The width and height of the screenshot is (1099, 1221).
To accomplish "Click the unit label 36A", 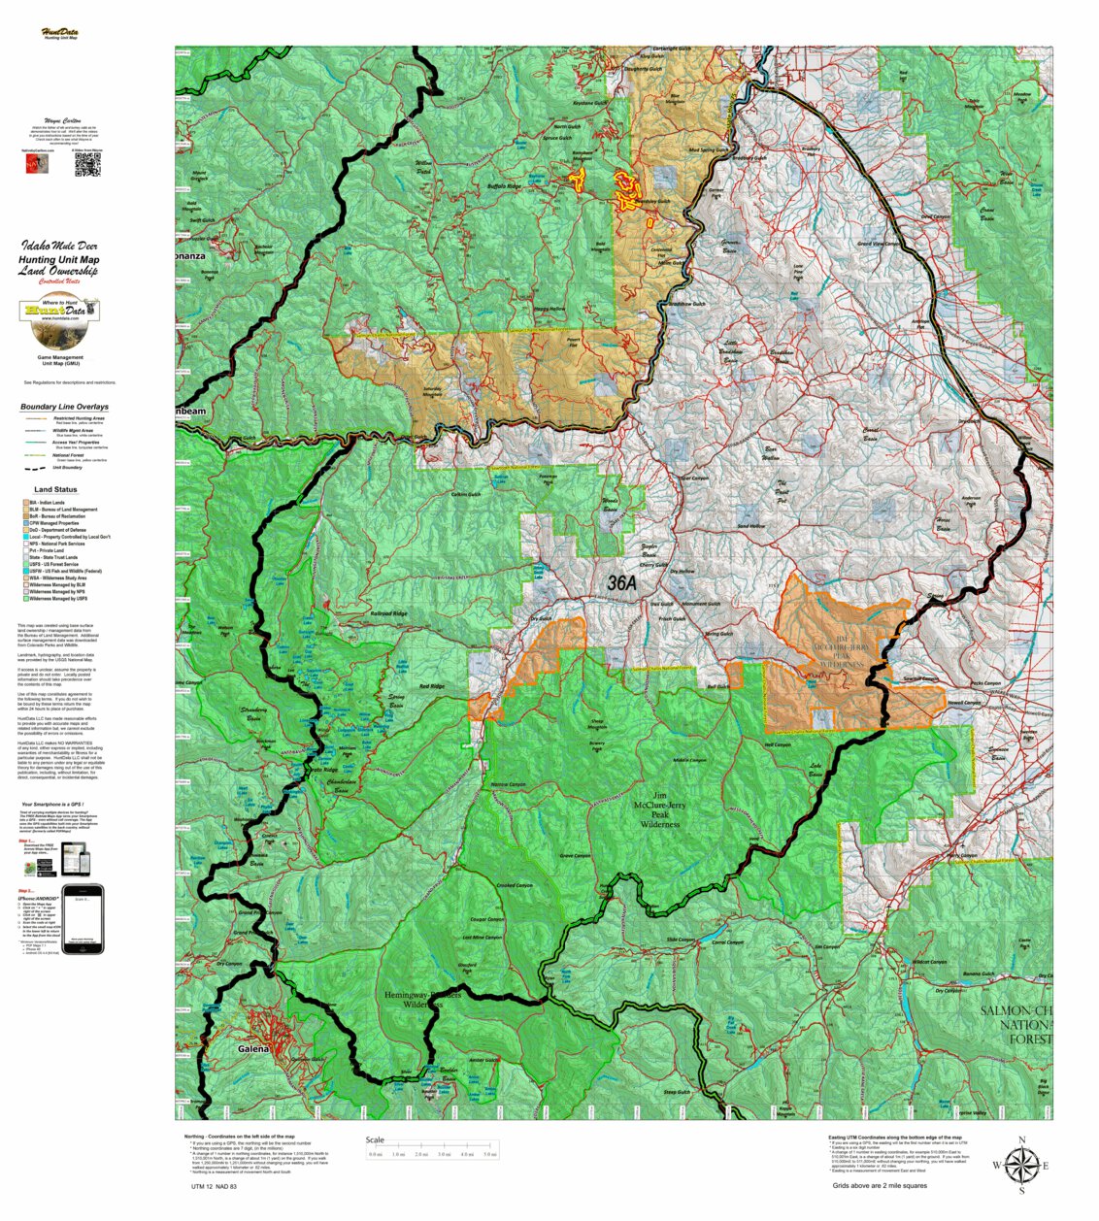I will (622, 583).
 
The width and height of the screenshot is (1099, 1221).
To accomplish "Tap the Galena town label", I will (253, 1049).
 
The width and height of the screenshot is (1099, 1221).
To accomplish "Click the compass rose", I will (1020, 1165).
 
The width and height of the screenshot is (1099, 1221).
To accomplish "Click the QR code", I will (87, 165).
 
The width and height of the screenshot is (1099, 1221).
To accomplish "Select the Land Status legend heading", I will (55, 489).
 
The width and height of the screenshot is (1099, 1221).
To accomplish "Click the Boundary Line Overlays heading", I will (64, 407).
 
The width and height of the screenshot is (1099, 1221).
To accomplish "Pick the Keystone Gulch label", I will (589, 103).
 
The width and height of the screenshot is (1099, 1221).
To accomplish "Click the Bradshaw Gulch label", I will (687, 304).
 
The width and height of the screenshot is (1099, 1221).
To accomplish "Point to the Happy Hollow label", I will (549, 309).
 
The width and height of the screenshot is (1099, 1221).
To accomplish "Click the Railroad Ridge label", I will (389, 613).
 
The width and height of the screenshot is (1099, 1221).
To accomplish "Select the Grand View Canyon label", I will (878, 244).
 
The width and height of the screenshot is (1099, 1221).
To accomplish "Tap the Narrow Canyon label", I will (508, 784).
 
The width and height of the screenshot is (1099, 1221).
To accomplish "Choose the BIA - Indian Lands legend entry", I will (47, 503).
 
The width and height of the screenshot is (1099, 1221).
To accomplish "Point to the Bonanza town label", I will (190, 256).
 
